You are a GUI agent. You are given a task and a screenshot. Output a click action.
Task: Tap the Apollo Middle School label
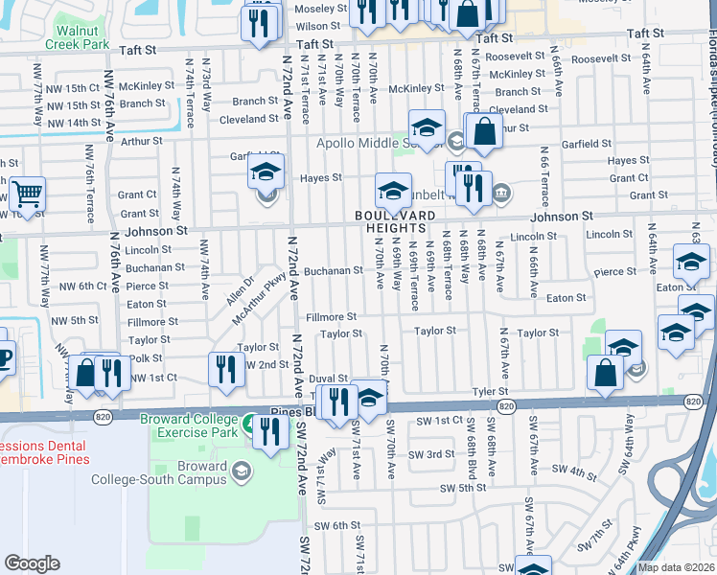374,144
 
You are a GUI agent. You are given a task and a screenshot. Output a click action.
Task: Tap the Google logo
32,563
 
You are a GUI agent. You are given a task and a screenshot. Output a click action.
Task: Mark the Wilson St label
319,27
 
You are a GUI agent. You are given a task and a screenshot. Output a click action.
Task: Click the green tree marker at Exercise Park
251,423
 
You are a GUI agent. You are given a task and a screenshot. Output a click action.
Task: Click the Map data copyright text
676,567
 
